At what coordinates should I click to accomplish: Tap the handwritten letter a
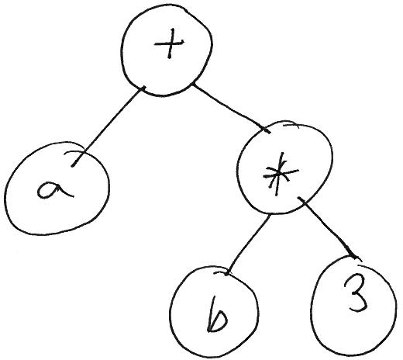point(53,190)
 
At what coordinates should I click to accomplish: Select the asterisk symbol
point(280,175)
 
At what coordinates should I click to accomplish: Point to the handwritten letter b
point(217,315)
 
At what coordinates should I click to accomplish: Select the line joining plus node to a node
point(108,126)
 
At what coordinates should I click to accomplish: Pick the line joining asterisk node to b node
point(247,244)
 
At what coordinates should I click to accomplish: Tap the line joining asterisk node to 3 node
point(328,227)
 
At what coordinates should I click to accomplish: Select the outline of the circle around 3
point(395,308)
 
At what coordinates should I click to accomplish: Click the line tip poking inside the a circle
point(72,166)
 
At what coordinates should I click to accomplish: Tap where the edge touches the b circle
point(226,274)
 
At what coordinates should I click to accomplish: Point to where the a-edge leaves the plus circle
point(143,88)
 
